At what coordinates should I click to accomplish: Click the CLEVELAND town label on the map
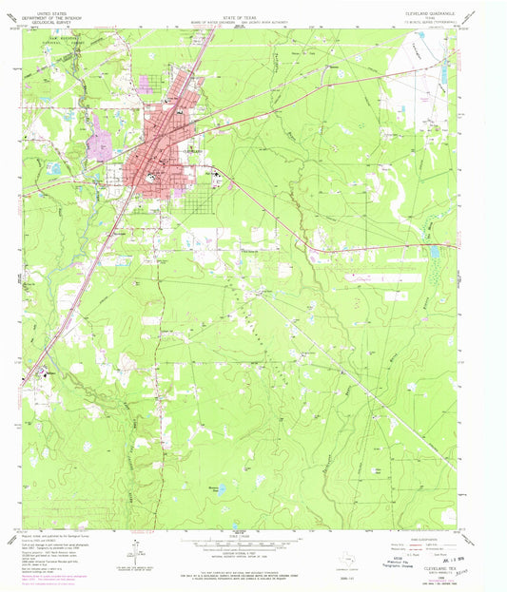[x=191, y=151]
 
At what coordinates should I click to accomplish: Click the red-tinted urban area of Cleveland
[x=157, y=166]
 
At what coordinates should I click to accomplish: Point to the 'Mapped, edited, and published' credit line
[x=57, y=535]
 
